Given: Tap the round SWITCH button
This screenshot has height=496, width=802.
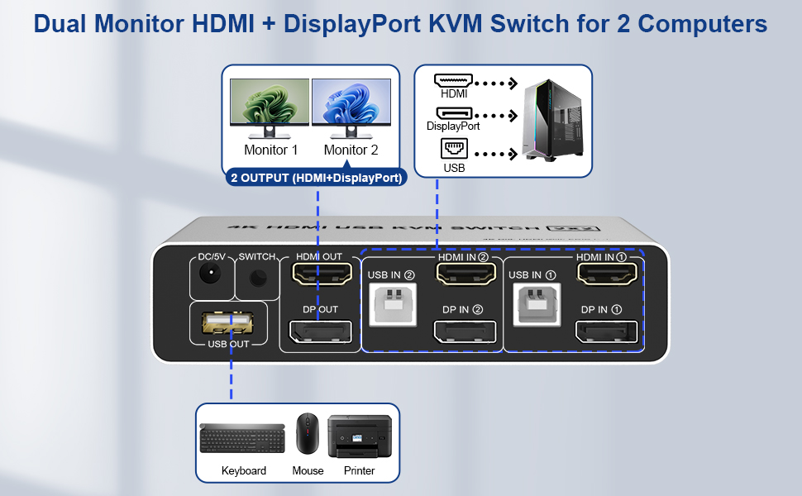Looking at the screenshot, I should tap(258, 279).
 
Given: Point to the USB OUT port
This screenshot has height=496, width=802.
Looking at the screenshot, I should tap(228, 322).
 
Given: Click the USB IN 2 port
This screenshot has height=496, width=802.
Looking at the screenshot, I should tap(391, 303).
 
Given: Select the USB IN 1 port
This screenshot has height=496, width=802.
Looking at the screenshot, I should tap(532, 303).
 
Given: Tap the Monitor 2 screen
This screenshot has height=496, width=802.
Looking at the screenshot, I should tap(351, 103).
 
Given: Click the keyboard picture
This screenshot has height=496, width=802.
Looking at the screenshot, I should tap(243, 437).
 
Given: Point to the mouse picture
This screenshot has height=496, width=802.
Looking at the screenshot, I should tap(307, 435).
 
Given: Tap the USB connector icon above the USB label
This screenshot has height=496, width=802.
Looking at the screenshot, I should tap(454, 149).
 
